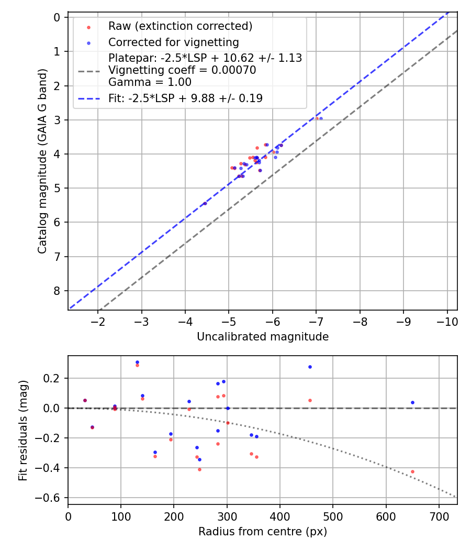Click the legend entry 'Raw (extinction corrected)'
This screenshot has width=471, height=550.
click(180, 26)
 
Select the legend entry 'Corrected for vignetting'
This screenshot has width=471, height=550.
click(173, 42)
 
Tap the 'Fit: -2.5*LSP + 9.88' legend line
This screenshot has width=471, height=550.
click(185, 98)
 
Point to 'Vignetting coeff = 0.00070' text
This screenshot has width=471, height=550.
click(182, 70)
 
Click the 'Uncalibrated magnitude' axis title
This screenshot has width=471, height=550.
click(263, 337)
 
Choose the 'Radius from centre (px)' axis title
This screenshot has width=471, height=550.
click(263, 532)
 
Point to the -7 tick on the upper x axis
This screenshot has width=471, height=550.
click(316, 321)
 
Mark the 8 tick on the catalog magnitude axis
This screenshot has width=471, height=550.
click(57, 291)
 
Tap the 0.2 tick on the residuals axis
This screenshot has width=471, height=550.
click(55, 378)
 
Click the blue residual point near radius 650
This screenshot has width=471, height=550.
click(412, 402)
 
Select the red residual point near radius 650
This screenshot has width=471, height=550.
click(412, 471)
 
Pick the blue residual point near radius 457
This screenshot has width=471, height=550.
click(310, 367)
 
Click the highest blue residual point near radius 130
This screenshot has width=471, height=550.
click(137, 362)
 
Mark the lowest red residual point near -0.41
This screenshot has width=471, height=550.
click(199, 469)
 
